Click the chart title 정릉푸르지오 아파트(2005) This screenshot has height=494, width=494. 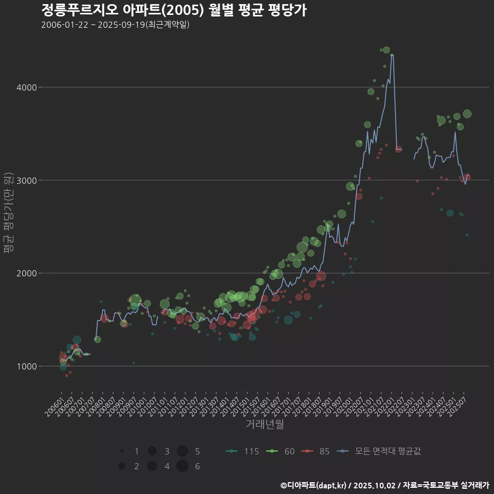pyautogui.click(x=174, y=10)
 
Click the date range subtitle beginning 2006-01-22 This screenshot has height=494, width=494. pyautogui.click(x=115, y=25)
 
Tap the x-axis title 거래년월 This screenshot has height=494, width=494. pyautogui.click(x=264, y=424)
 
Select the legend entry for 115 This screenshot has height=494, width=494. pyautogui.click(x=242, y=451)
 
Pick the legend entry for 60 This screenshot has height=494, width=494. pyautogui.click(x=280, y=451)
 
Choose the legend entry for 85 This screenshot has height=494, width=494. pyautogui.click(x=315, y=451)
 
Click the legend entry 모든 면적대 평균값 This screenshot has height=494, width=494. pyautogui.click(x=378, y=451)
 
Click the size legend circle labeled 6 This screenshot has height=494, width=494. pyautogui.click(x=182, y=466)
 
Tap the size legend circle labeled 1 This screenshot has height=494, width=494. pyautogui.click(x=122, y=451)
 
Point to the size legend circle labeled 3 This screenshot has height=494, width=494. pyautogui.click(x=152, y=451)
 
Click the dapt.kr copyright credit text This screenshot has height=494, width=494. pyautogui.click(x=384, y=485)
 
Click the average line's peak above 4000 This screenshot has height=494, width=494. pyautogui.click(x=392, y=55)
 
